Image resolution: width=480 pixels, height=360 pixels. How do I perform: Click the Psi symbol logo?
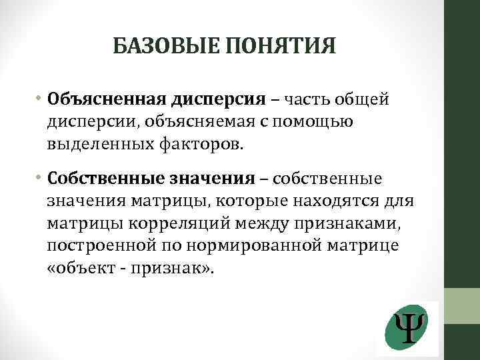pyautogui.click(x=407, y=328)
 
